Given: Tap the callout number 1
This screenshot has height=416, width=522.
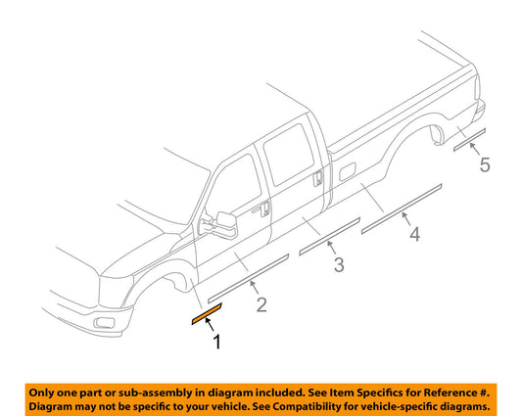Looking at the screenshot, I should coord(217,342).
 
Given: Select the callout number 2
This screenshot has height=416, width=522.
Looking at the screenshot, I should coord(261,305).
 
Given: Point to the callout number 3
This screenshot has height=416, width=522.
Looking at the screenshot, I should coord(338,265).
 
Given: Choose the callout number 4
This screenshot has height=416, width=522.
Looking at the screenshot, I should coord(414,234).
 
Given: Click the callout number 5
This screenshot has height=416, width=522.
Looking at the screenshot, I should coord(485,166).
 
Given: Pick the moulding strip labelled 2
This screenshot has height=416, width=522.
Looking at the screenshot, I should coord(246,276).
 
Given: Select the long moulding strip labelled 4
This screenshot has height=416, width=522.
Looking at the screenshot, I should coord(403,208).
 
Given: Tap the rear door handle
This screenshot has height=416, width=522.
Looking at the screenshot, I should coord(320,178).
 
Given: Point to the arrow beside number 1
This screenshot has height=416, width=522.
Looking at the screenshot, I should coord(209,329).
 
